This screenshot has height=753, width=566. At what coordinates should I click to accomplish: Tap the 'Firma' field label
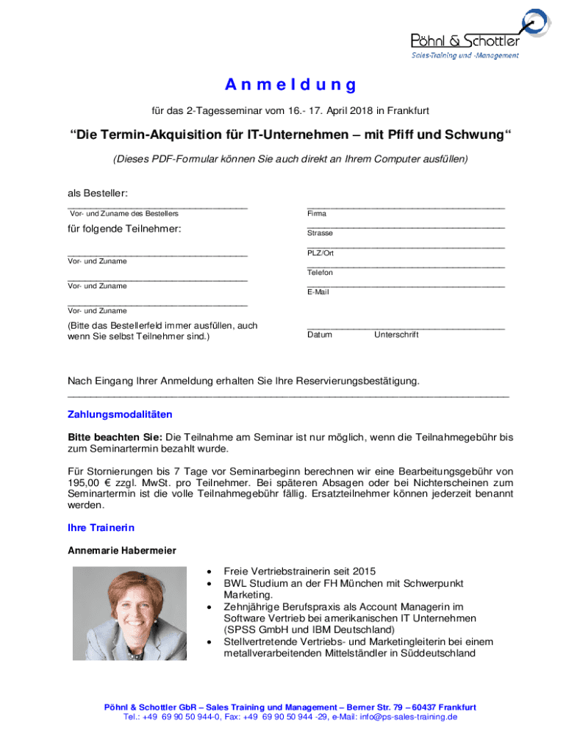pyautogui.click(x=317, y=214)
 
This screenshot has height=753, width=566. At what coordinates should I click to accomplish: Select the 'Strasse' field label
pyautogui.click(x=320, y=233)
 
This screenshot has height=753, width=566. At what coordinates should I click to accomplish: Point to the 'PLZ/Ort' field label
pyautogui.click(x=320, y=253)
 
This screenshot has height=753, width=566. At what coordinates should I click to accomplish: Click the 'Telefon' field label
pyautogui.click(x=320, y=273)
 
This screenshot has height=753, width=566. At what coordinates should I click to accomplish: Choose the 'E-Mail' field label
pyautogui.click(x=318, y=292)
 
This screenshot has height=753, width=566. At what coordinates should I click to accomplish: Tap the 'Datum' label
pyautogui.click(x=320, y=335)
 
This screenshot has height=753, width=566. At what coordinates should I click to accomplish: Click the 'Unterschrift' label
pyautogui.click(x=396, y=335)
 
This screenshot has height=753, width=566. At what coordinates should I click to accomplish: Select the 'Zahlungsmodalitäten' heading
pyautogui.click(x=120, y=415)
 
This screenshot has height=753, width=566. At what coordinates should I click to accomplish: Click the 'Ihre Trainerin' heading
pyautogui.click(x=101, y=528)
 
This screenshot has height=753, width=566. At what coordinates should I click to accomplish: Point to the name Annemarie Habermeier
pyautogui.click(x=122, y=550)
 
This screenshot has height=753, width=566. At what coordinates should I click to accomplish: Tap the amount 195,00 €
pyautogui.click(x=92, y=482)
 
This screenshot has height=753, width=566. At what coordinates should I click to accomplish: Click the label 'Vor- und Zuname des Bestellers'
pyautogui.click(x=123, y=214)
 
